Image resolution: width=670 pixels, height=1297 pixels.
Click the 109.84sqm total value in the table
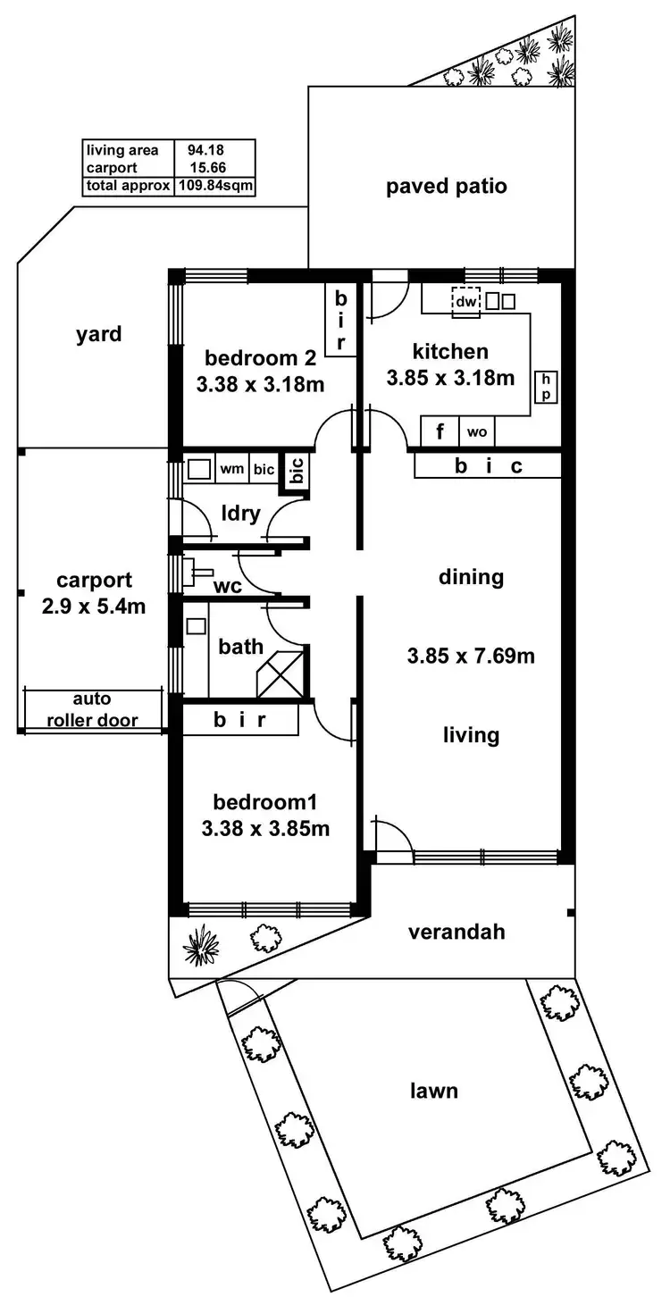215,186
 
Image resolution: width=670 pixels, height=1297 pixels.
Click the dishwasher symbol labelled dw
465,302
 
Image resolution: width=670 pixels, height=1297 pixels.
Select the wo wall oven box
477,432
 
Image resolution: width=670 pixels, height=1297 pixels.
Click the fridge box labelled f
440,432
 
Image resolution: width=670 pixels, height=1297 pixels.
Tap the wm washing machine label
231,468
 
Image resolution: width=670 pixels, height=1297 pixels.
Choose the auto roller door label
94,709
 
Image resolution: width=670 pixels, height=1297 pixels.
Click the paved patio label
447,187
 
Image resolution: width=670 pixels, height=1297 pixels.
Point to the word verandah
456,932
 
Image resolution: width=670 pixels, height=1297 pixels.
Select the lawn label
434,1090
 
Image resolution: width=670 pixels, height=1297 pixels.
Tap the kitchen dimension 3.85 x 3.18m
450,378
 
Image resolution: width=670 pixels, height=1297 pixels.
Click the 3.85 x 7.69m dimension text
471,657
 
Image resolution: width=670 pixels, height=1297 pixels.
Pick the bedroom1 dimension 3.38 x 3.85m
265,828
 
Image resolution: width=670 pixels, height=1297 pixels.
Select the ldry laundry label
241,513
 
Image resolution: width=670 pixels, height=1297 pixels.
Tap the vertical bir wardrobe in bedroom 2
340,320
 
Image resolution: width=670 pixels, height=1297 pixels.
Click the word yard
98,335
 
